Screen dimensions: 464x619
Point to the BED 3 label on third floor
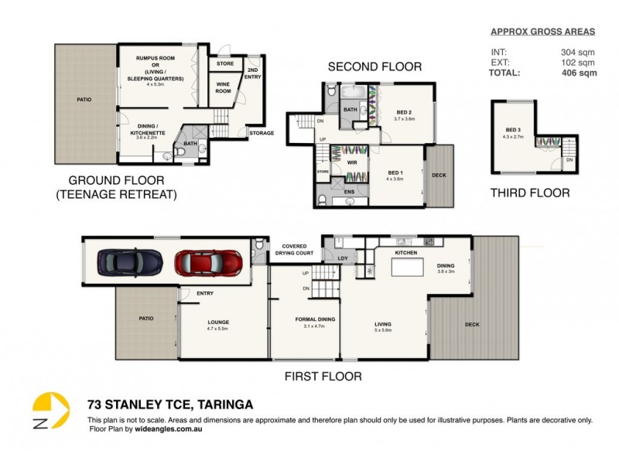tap(513, 130)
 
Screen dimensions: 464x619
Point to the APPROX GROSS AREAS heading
tap(543, 32)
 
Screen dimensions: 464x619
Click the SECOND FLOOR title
tap(374, 67)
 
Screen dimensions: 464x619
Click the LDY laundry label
tap(342, 258)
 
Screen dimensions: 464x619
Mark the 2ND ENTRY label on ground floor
tap(254, 73)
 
